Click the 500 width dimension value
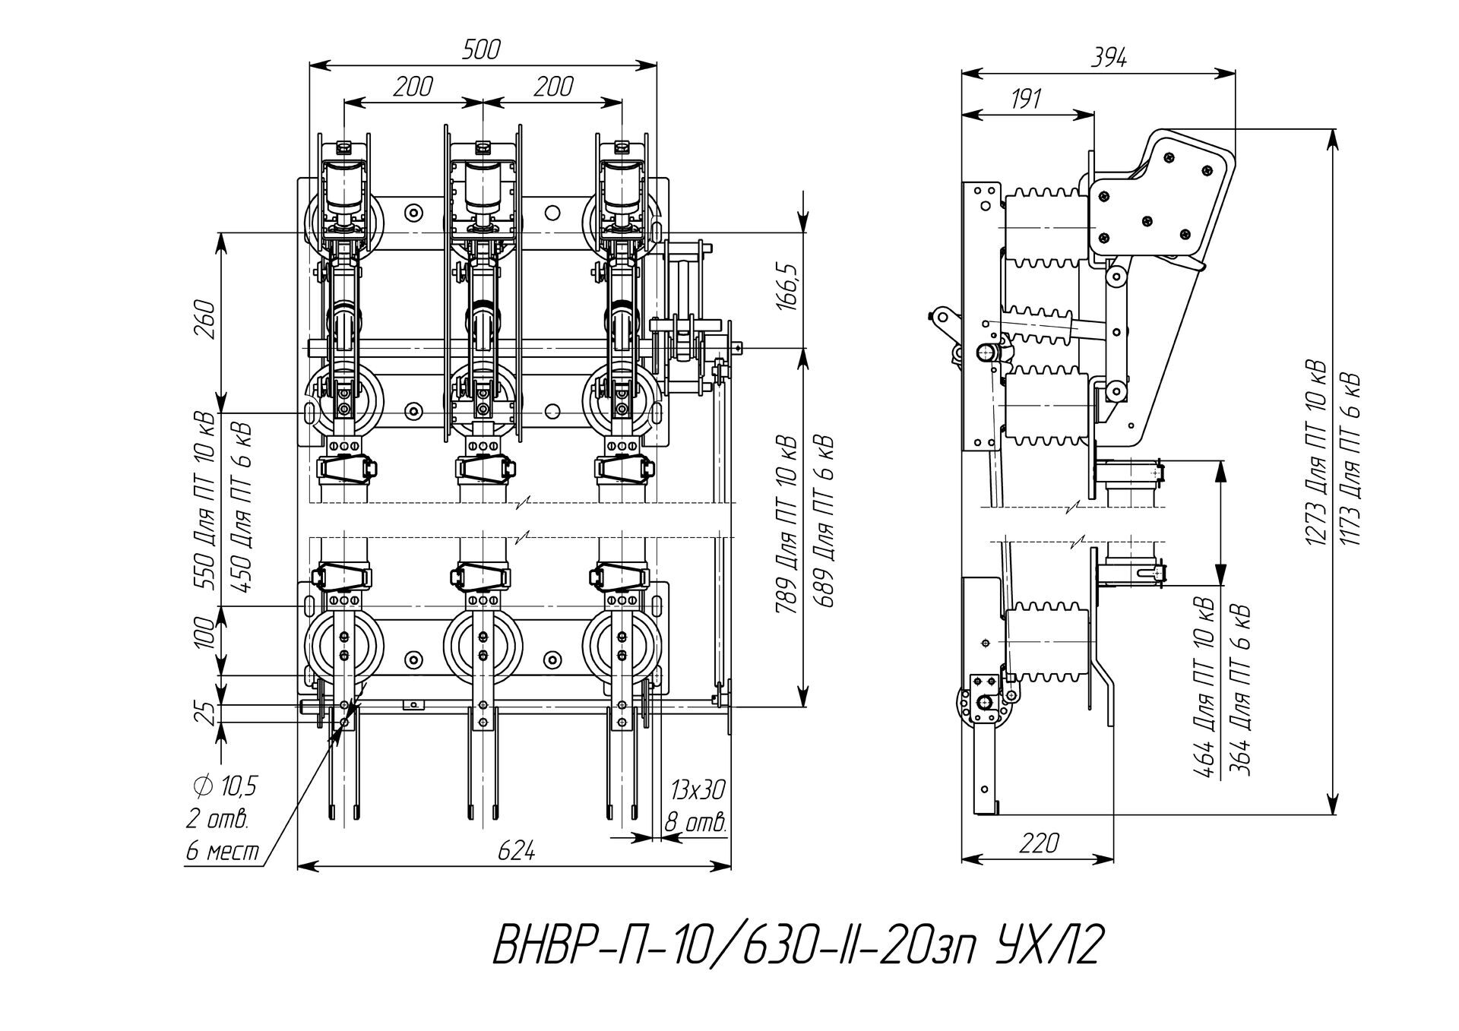[481, 49]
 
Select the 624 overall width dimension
[517, 851]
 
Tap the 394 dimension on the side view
[1109, 58]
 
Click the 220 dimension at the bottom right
[1040, 843]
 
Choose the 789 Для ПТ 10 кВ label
[786, 524]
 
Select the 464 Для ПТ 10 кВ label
[1204, 688]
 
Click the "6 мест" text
[223, 851]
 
